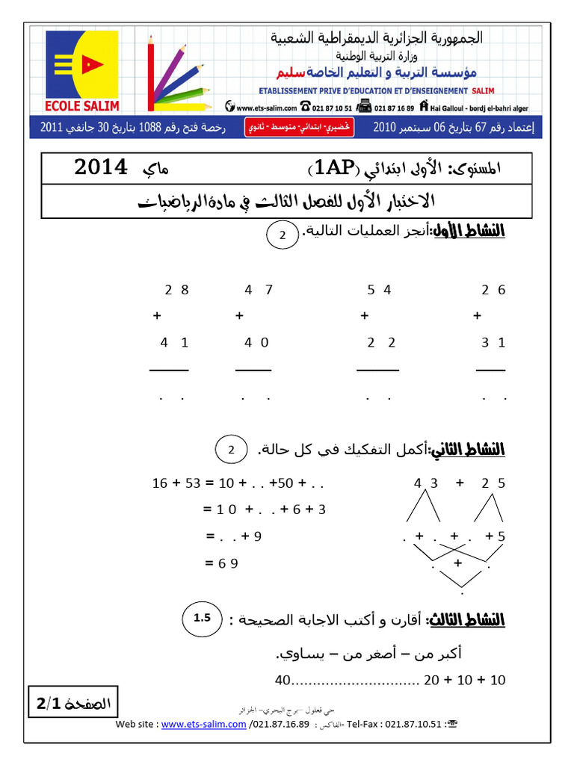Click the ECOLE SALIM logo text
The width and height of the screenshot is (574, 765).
(81, 105)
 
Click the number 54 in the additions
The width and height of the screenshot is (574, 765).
(380, 291)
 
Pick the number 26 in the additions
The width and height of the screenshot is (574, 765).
(493, 291)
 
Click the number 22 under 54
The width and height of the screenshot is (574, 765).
(381, 343)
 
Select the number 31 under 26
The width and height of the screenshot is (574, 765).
(493, 343)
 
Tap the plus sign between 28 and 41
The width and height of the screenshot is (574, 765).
(157, 316)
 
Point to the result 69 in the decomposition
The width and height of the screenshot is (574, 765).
(228, 564)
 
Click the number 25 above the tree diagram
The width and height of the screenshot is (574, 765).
(493, 483)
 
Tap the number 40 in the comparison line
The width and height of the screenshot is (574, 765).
(282, 681)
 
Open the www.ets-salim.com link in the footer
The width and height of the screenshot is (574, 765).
(203, 724)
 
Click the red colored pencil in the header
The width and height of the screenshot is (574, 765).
(152, 75)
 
